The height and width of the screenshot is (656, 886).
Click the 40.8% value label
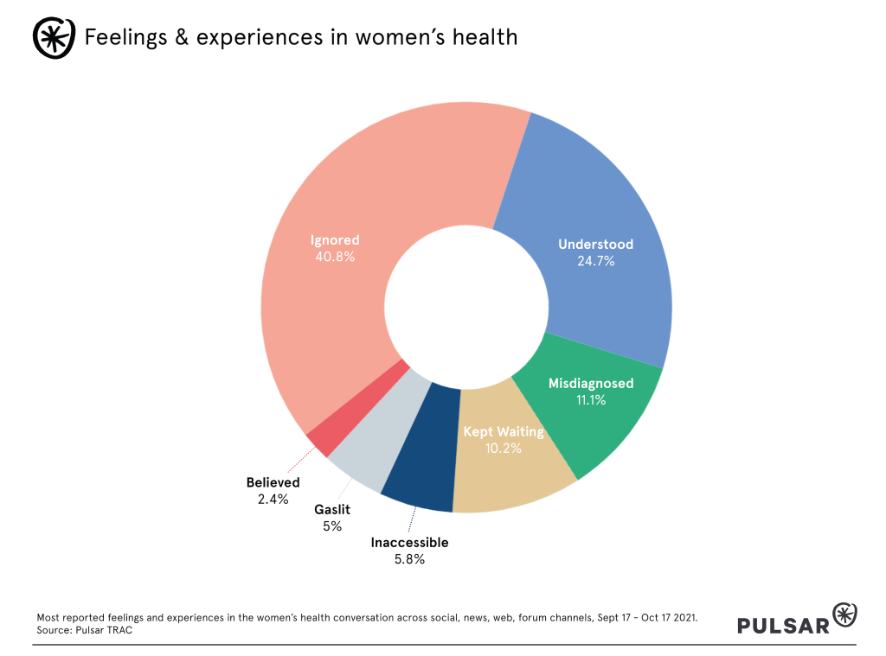click(335, 257)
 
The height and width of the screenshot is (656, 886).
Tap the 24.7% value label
click(595, 260)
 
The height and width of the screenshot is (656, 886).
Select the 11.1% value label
click(591, 400)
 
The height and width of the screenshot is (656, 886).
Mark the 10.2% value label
click(504, 448)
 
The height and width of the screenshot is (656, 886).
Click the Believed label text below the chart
click(273, 482)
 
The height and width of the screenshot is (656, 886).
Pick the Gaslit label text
click(332, 510)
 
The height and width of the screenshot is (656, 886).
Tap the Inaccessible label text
click(409, 543)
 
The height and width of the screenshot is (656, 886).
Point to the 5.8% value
click(409, 559)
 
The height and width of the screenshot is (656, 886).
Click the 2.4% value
click(273, 499)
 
